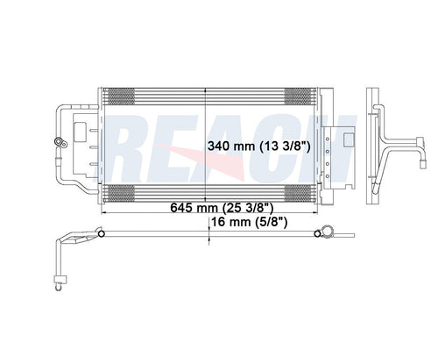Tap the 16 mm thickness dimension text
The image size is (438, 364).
[x=231, y=223]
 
